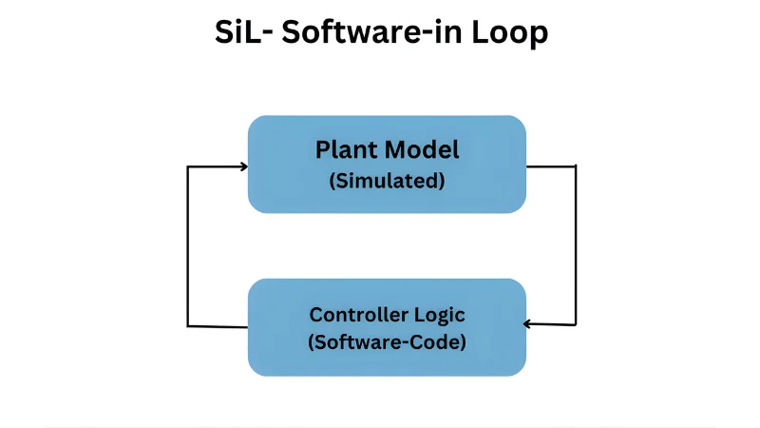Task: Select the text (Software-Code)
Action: tap(387, 342)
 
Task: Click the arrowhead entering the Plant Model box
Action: tap(243, 166)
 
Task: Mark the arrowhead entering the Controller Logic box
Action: tap(529, 323)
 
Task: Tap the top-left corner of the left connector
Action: tap(188, 167)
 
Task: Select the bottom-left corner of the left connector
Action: tap(188, 326)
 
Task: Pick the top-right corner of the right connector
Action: tap(576, 166)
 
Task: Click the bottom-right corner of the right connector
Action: tap(576, 323)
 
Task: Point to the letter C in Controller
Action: tap(315, 315)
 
